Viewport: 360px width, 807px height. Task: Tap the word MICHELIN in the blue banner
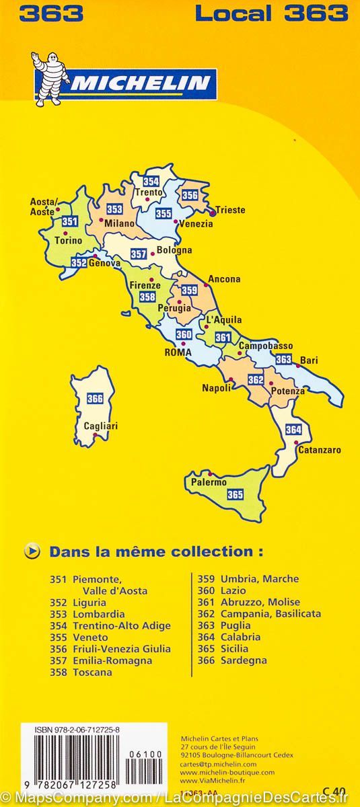tap(145, 84)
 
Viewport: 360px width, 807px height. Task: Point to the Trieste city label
tap(230, 210)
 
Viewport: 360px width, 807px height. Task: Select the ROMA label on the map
tap(178, 351)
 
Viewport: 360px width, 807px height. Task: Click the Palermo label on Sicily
tap(209, 482)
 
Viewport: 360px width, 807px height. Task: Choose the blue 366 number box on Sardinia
tap(95, 399)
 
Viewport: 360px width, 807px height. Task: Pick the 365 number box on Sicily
tap(235, 495)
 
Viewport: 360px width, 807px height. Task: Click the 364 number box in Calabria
tap(293, 430)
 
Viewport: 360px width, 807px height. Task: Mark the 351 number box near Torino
tap(69, 221)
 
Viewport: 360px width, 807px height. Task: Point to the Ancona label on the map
tap(224, 279)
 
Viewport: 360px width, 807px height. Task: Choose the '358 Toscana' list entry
tap(79, 672)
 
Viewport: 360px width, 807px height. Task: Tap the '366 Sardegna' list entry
tap(232, 660)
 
